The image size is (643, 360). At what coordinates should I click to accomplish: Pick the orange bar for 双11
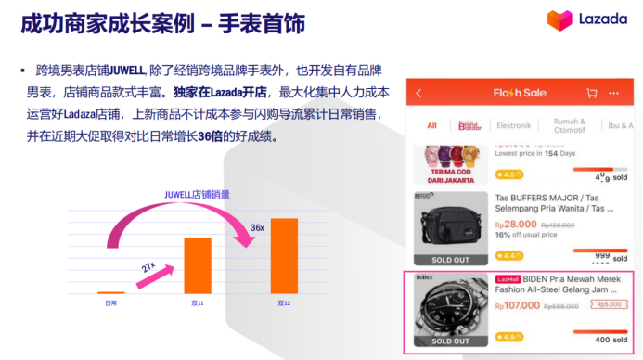pyautogui.click(x=198, y=265)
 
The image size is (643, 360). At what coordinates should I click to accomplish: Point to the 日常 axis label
pyautogui.click(x=110, y=303)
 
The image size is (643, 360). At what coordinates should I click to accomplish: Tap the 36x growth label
pyautogui.click(x=257, y=227)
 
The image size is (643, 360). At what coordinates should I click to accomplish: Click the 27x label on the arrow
pyautogui.click(x=148, y=266)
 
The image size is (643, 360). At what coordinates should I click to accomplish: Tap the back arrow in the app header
pyautogui.click(x=418, y=94)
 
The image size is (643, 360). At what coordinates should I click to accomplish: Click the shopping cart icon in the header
pyautogui.click(x=591, y=94)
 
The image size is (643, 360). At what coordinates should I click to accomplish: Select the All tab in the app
pyautogui.click(x=431, y=125)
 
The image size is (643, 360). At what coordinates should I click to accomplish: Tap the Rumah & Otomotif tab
pyautogui.click(x=570, y=125)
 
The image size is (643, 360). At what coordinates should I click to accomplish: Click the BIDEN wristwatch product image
pyautogui.click(x=450, y=309)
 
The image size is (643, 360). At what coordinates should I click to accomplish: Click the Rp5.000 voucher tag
pyautogui.click(x=608, y=303)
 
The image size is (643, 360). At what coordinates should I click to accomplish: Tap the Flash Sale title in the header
pyautogui.click(x=520, y=94)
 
